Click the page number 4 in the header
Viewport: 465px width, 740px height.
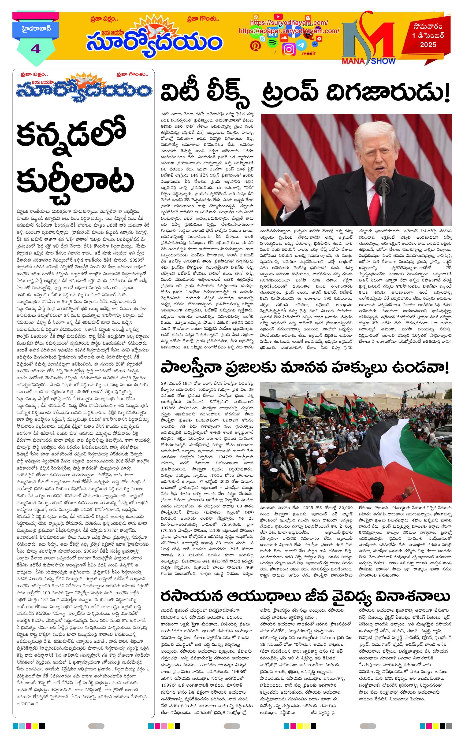tap(36, 49)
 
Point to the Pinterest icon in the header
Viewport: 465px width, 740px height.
tap(255, 46)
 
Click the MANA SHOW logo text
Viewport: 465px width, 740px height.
tap(368, 61)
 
